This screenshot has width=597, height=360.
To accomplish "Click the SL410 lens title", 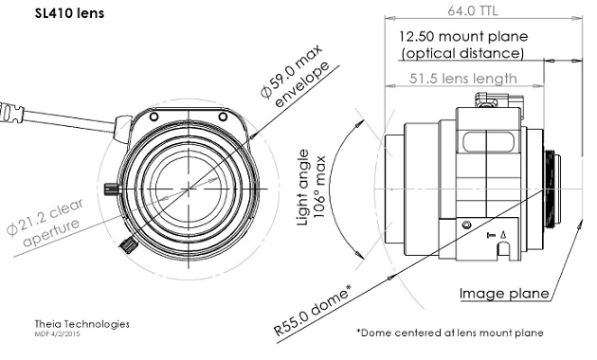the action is (69, 13).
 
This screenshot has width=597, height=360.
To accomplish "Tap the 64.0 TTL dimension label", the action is (472, 10).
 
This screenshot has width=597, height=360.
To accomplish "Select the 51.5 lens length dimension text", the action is (463, 79).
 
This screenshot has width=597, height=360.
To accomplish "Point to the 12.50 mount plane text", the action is (463, 37).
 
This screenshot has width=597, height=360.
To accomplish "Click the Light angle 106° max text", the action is (311, 188).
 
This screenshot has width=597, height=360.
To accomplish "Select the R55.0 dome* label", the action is (312, 310).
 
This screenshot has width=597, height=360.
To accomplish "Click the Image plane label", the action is (504, 294).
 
